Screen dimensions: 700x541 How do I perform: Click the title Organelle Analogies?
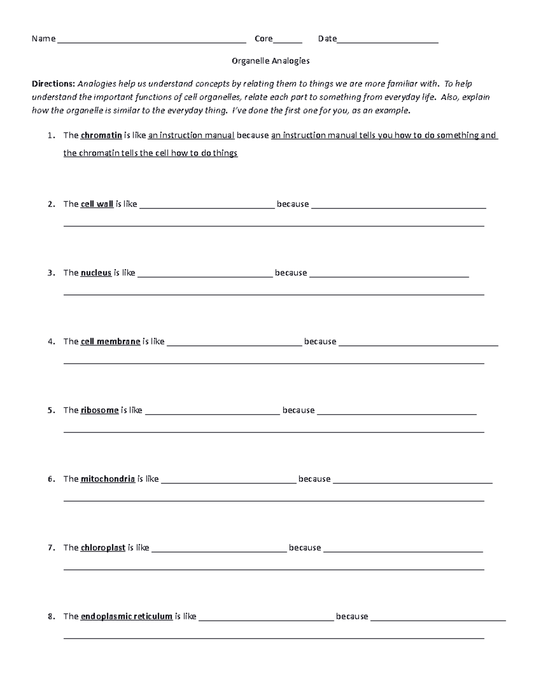[x=270, y=61]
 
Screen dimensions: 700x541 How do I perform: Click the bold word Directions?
[x=53, y=83]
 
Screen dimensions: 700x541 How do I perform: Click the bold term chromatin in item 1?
[x=101, y=135]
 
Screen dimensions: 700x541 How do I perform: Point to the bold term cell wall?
[x=97, y=204]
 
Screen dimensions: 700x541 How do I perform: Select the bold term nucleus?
[x=96, y=273]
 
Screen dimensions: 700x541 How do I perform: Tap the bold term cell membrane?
[x=110, y=342]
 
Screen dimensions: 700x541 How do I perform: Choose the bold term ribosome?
[x=100, y=410]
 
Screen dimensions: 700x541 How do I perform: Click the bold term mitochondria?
[x=108, y=479]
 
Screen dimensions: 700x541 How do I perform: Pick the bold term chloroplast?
[x=103, y=548]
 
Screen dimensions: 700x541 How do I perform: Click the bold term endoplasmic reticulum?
[x=126, y=616]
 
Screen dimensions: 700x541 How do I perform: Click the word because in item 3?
[x=291, y=273]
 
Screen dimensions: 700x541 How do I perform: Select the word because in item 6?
[x=314, y=479]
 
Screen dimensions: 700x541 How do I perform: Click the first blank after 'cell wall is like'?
[x=207, y=206]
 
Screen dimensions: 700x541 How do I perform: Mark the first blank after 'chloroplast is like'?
[x=219, y=550]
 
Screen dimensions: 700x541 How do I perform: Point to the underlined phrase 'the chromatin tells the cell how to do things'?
[x=150, y=153]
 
